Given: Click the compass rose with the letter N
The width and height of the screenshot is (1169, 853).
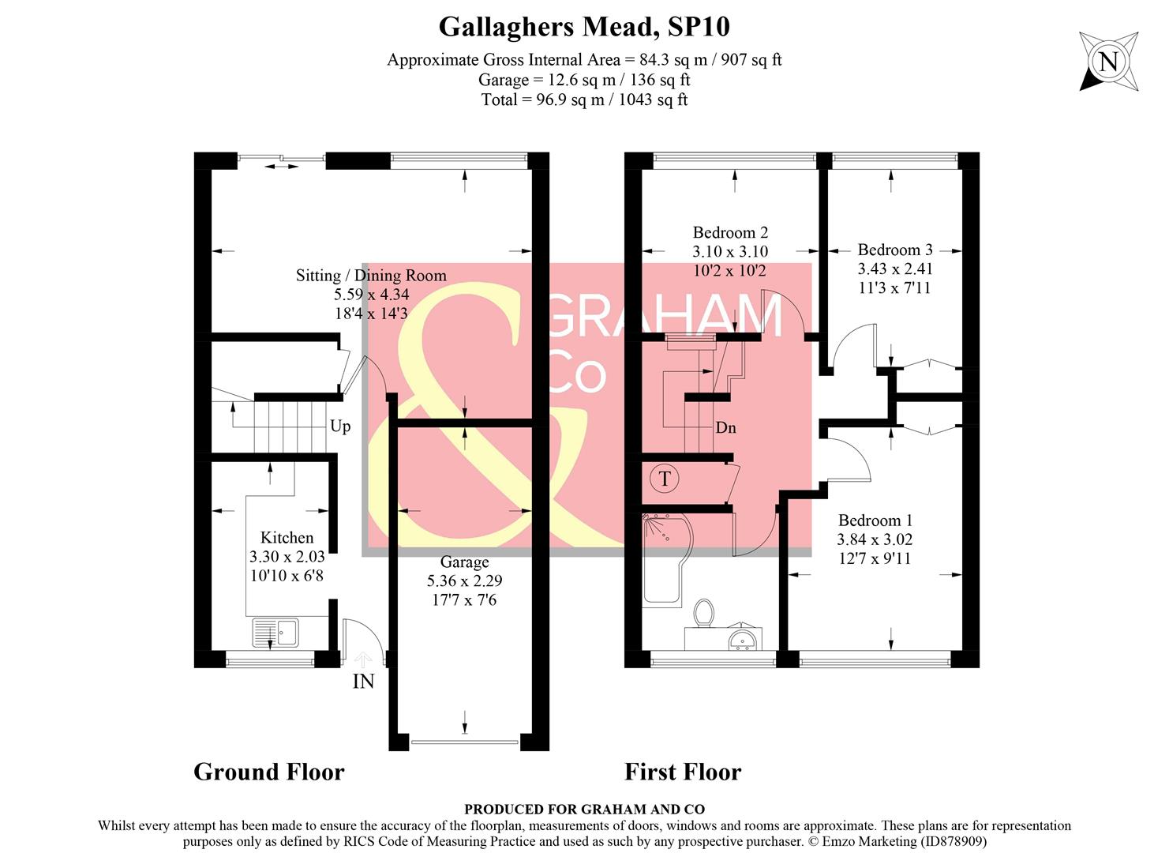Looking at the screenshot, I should pyautogui.click(x=1108, y=62).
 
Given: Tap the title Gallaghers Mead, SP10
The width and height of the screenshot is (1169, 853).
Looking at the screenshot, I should pyautogui.click(x=584, y=27).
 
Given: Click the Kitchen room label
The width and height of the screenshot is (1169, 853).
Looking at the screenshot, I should pyautogui.click(x=287, y=538).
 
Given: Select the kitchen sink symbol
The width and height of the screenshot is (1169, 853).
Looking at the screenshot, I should pyautogui.click(x=275, y=632).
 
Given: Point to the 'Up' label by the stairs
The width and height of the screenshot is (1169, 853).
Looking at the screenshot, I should pyautogui.click(x=340, y=426).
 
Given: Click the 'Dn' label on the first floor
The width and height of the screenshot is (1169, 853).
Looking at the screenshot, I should pyautogui.click(x=725, y=428).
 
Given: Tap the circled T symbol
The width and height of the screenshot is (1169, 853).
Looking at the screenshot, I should pyautogui.click(x=665, y=479).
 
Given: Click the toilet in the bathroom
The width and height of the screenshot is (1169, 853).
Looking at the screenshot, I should pyautogui.click(x=703, y=613).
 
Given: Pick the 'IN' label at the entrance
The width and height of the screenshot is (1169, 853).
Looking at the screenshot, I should pyautogui.click(x=363, y=681).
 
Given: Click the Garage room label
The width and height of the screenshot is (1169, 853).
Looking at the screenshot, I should pyautogui.click(x=464, y=562).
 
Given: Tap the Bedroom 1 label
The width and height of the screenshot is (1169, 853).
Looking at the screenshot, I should pyautogui.click(x=875, y=520).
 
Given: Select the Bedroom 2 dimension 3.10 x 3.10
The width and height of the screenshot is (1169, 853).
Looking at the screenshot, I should pyautogui.click(x=730, y=252).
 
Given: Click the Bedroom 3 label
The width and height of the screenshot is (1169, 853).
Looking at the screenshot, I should pyautogui.click(x=895, y=250).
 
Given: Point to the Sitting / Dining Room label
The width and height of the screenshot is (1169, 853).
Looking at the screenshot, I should pyautogui.click(x=371, y=276).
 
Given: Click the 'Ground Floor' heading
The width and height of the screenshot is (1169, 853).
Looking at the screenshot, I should pyautogui.click(x=269, y=772).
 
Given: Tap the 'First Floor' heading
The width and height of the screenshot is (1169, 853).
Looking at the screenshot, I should pyautogui.click(x=683, y=772).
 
